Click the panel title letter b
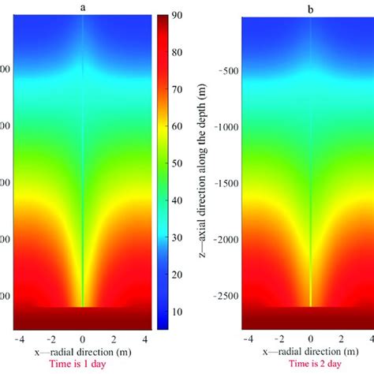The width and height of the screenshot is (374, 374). tap(310, 6)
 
